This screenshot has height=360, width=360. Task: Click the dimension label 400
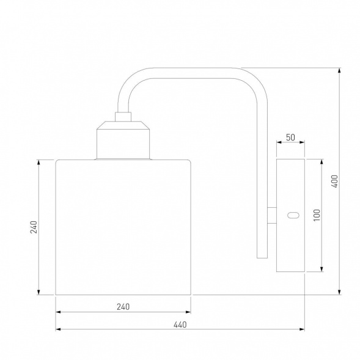335,182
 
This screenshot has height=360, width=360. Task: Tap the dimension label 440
180,325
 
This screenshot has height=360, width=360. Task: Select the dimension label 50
290,138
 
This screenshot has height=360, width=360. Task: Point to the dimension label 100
317,215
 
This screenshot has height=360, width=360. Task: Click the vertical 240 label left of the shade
34,227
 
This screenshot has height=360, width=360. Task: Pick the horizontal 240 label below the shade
123,307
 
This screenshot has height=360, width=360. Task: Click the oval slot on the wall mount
293,215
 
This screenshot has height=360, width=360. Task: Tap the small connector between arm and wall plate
272,215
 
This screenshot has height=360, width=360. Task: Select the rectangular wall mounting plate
290,215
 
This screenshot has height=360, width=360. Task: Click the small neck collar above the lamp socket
123,117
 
